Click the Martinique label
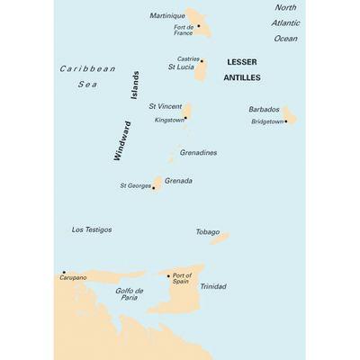tap(166, 16)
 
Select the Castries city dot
tap(202, 61)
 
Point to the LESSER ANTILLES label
tap(241, 70)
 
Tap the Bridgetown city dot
tap(285, 121)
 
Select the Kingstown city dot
tap(184, 118)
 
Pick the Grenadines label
tap(198, 152)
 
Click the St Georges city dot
tap(154, 187)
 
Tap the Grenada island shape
tap(157, 183)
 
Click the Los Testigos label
tap(92, 229)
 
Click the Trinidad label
tap(213, 286)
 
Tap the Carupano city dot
tap(64, 272)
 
